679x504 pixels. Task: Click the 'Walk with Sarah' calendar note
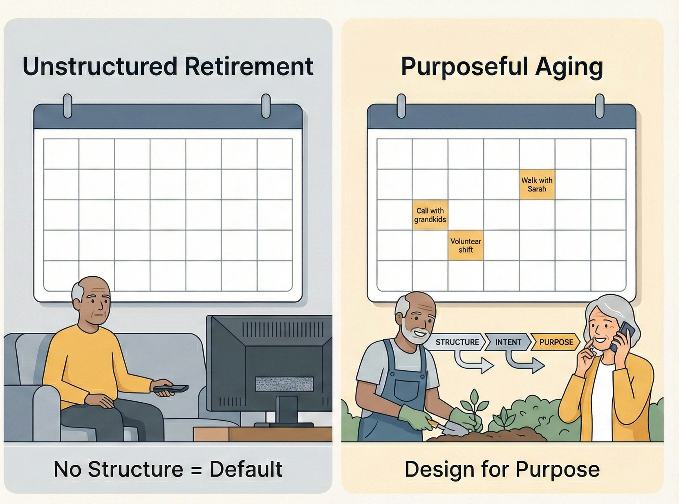coord(537,185)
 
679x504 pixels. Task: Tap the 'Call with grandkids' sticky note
coord(430,215)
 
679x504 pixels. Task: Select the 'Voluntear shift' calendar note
coord(466,246)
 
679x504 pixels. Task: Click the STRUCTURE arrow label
coord(457,342)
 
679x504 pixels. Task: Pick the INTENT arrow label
coord(508,342)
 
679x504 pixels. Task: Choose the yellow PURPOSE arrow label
coord(556,342)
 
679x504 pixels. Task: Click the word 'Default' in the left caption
coord(246,469)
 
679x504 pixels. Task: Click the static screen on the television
coord(284,384)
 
